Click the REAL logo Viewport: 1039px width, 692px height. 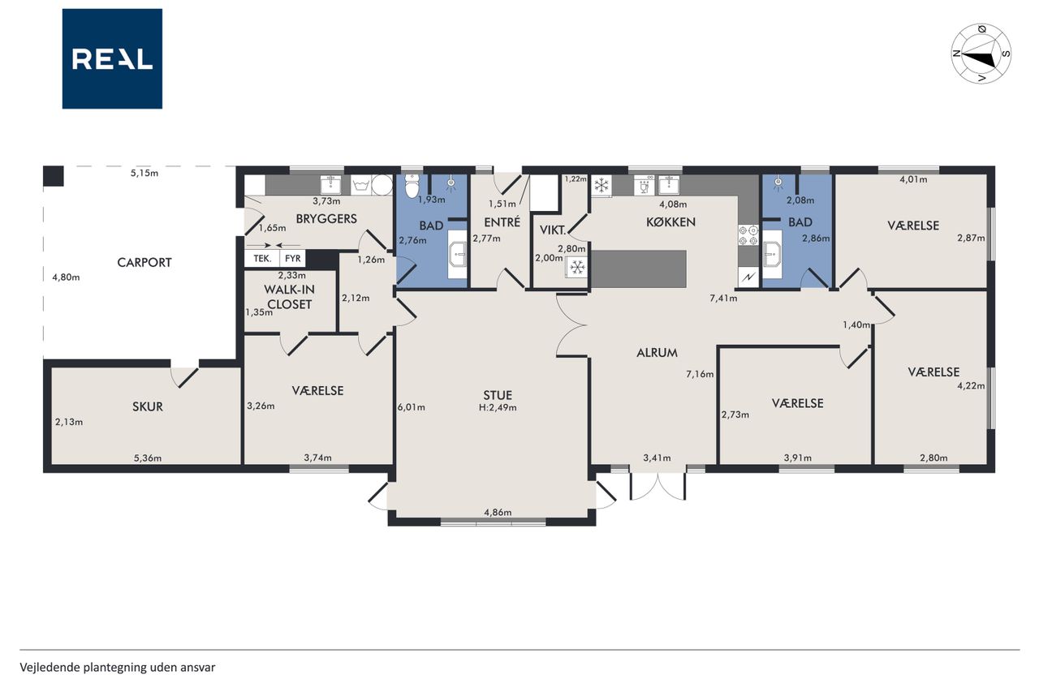[112, 59]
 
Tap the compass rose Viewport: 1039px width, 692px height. [981, 54]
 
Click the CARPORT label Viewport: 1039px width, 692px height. [144, 263]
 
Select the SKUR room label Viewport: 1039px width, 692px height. [148, 407]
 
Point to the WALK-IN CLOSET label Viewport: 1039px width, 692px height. [290, 297]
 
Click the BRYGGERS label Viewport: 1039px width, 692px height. [326, 219]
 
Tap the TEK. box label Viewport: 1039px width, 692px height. [262, 259]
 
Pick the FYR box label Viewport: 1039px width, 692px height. [293, 259]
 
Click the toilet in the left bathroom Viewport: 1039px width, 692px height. [412, 187]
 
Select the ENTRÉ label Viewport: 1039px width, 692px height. [502, 222]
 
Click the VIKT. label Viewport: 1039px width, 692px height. [553, 230]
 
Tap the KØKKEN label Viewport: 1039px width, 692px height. [670, 222]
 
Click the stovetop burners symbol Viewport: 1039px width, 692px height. [748, 235]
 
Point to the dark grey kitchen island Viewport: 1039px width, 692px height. [638, 269]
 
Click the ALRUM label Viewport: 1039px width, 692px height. [657, 353]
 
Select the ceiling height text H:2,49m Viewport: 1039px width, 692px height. [498, 408]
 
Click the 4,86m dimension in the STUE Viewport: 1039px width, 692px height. [498, 512]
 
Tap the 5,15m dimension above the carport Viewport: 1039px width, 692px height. [144, 174]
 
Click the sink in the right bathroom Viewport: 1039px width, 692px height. [772, 255]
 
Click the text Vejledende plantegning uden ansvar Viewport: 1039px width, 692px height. [118, 668]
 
